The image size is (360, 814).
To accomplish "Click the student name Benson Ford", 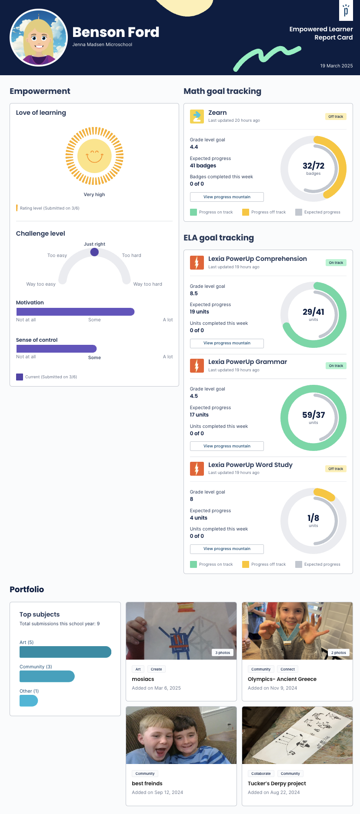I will coord(116,32).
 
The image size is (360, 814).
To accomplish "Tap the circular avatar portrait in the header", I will coord(39,38).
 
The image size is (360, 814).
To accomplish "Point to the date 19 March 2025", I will coord(336,66).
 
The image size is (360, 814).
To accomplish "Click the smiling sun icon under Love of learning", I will coord(94,156).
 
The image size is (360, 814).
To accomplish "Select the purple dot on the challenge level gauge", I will coord(94,252).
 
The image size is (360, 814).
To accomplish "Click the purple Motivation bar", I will coord(75,312).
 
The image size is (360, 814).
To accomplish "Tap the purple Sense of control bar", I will coord(57,349).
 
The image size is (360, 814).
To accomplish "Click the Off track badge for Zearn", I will coord(336,117).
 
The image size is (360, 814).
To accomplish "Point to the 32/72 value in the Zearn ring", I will coord(313,166).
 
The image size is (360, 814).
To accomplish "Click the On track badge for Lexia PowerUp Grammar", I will coord(336,366).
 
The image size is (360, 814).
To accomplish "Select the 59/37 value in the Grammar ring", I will coord(313,415).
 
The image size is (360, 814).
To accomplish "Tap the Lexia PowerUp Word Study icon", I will coord(197,469).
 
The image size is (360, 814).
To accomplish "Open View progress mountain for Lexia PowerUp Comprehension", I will coord(227,343).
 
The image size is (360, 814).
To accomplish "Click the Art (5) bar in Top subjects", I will coord(65,652).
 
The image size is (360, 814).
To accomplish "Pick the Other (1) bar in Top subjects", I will coord(29,701).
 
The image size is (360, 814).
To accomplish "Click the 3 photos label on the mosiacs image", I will coord(223,653).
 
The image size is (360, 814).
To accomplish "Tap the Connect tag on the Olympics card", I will coord(287,669).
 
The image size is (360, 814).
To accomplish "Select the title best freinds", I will coord(147,783).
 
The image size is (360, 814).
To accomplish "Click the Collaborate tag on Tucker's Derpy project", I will coord(261,774).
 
